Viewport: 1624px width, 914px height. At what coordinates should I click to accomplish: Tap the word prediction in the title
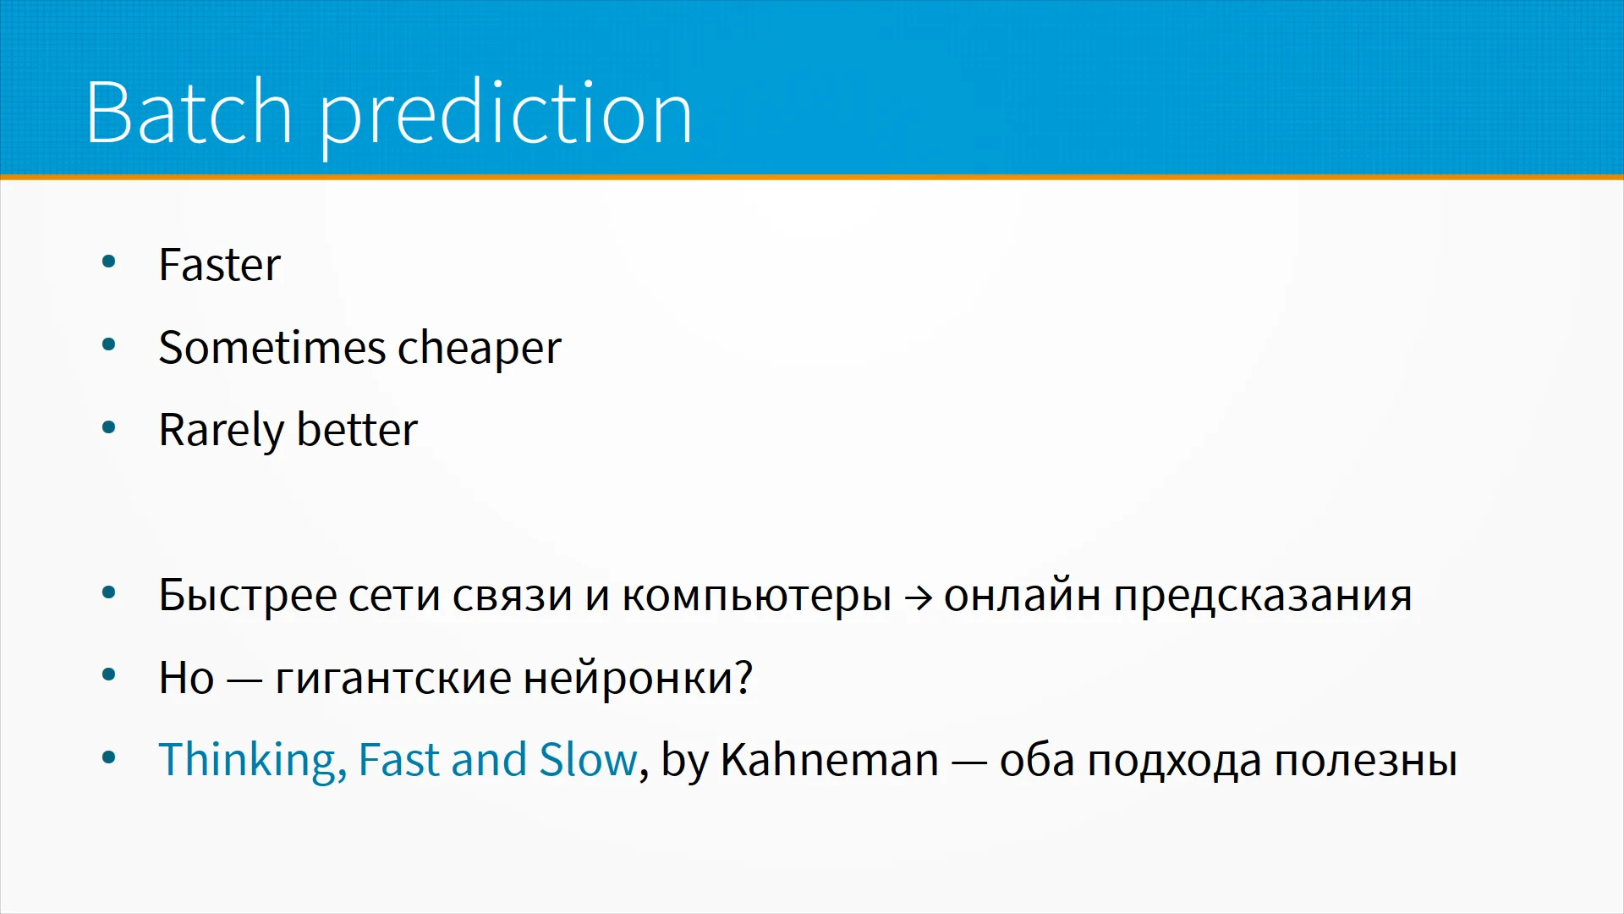(506, 116)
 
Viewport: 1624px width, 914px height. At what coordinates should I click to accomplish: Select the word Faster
(219, 265)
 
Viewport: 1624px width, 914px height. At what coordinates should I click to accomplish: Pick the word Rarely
(222, 432)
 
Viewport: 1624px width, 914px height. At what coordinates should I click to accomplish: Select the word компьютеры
(757, 598)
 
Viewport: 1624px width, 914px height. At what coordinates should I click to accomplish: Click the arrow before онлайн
(919, 598)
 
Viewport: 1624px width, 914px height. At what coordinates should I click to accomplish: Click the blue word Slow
(588, 759)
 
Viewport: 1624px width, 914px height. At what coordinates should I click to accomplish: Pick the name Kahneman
(830, 759)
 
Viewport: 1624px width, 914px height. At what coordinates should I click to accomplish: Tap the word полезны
(1365, 761)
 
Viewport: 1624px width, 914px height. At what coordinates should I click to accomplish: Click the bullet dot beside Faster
(108, 262)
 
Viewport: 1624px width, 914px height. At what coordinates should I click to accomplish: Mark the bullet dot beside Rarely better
(108, 427)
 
